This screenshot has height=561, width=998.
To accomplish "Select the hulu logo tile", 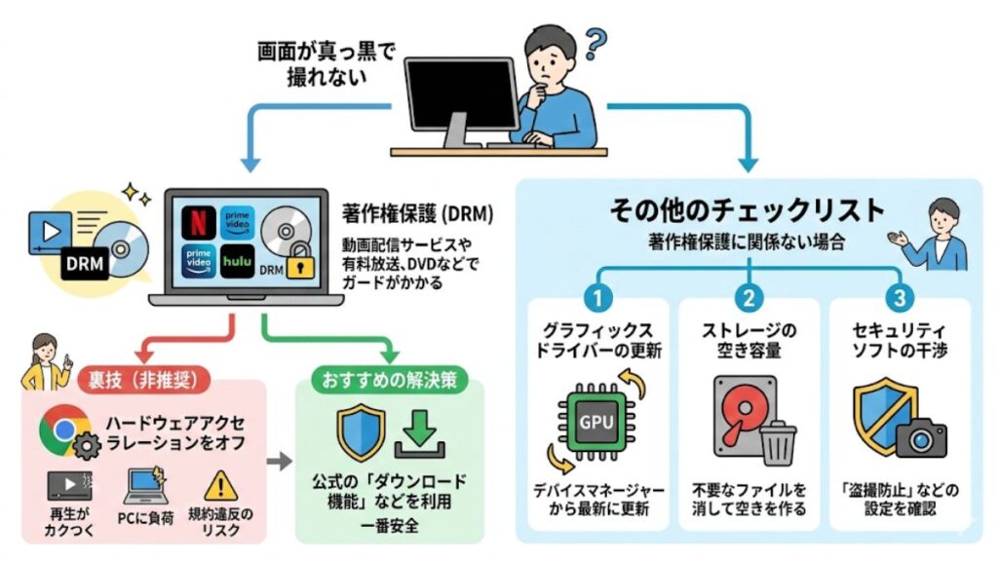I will pyautogui.click(x=237, y=261).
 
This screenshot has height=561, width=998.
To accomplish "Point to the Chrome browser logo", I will pyautogui.click(x=59, y=428).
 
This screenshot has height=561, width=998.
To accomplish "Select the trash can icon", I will pyautogui.click(x=778, y=442).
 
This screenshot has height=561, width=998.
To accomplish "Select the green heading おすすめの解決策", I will pyautogui.click(x=390, y=380).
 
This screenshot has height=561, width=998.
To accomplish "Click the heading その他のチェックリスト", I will pyautogui.click(x=747, y=209).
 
